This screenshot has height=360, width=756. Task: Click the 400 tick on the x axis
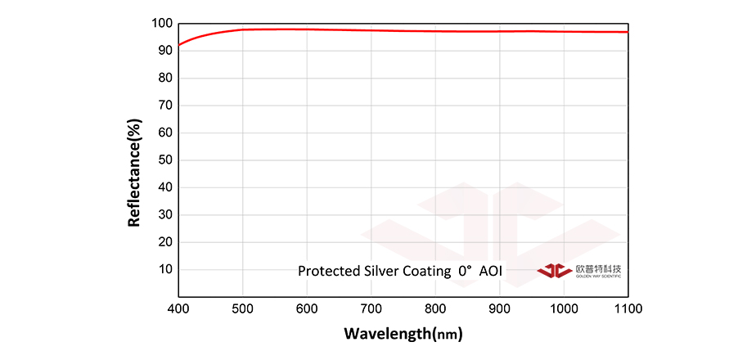pyautogui.click(x=178, y=308)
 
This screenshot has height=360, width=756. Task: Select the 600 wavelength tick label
pyautogui.click(x=307, y=308)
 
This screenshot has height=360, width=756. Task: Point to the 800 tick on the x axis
pyautogui.click(x=435, y=308)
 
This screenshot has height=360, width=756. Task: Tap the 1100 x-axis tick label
pyautogui.click(x=628, y=308)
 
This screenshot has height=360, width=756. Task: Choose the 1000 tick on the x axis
pyautogui.click(x=564, y=308)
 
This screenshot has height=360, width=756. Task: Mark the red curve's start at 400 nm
pyautogui.click(x=179, y=44)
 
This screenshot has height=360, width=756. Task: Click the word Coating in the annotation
pyautogui.click(x=424, y=271)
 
